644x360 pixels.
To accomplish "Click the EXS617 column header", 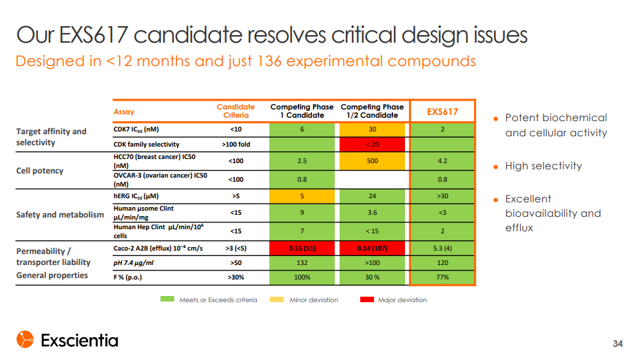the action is tap(442, 112).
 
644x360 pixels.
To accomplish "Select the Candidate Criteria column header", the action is tap(236, 112).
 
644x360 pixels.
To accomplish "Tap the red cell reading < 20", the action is tap(372, 145).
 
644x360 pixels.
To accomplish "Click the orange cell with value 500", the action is tap(372, 161).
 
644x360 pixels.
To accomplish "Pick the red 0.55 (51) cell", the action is tap(302, 248).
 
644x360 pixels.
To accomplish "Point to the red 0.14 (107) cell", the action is tap(372, 248).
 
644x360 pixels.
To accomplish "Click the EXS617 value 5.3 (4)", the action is tap(442, 248).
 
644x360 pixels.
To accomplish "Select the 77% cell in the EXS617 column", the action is tap(442, 277).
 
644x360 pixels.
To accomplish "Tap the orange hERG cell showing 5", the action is tap(302, 196).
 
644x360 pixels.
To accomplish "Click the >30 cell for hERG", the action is tap(442, 196).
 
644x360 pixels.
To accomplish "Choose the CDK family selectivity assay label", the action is tap(146, 145).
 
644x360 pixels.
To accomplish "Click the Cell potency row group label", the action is tap(40, 171).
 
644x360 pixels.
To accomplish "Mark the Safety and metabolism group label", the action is tap(60, 215).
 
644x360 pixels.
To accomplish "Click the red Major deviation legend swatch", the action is tap(366, 299).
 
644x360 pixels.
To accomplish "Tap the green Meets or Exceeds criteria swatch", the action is tap(167, 299).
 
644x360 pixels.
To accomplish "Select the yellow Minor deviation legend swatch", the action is tap(277, 299).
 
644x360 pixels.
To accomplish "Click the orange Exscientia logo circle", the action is tap(25, 339).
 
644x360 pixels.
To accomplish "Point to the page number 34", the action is tap(618, 344).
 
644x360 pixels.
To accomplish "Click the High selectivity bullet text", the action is tap(543, 167).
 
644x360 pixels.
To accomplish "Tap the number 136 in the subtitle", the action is tap(269, 61).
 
